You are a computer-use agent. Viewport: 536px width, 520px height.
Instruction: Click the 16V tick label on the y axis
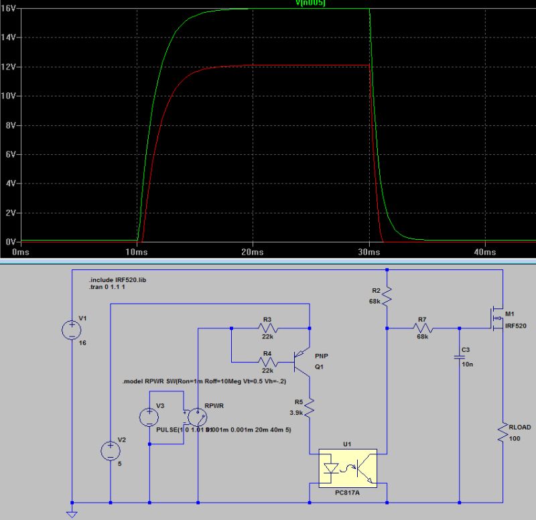(x=9, y=9)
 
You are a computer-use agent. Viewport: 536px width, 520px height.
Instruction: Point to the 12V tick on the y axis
(x=9, y=67)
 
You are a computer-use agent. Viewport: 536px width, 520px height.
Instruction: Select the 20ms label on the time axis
(x=253, y=251)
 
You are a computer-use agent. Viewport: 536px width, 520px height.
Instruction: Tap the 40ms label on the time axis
(x=484, y=251)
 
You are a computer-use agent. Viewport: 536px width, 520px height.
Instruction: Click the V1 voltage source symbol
(x=71, y=329)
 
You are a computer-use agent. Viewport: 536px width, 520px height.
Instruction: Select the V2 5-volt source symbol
(x=110, y=450)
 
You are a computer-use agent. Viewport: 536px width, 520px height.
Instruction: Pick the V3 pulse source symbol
(x=148, y=417)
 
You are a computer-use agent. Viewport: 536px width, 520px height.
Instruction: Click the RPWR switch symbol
(x=195, y=417)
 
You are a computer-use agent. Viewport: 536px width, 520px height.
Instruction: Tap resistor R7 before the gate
(x=422, y=328)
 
